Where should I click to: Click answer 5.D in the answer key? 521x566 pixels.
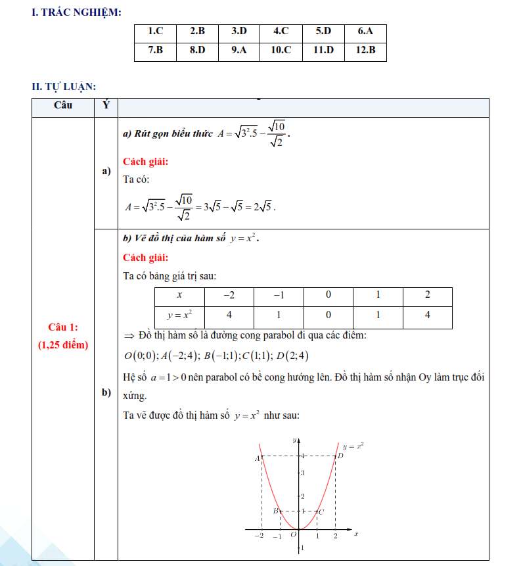[x=323, y=31]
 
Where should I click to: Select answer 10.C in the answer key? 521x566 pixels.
[x=281, y=50]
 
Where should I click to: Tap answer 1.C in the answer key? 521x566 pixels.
[x=155, y=31]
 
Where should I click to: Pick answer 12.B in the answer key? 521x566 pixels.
[x=365, y=50]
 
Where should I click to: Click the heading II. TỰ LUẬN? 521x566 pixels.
[x=64, y=86]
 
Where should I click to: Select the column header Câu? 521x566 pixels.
[x=63, y=105]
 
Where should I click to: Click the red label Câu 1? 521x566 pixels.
[x=62, y=327]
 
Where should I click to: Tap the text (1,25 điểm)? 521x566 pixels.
[x=62, y=344]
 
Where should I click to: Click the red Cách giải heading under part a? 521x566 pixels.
[x=145, y=162]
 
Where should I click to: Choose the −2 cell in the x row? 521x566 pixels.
[x=229, y=296]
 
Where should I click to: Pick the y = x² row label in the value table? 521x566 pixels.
[x=179, y=316]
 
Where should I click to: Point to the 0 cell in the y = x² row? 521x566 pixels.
[x=328, y=316]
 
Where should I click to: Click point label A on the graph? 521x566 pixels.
[x=258, y=458]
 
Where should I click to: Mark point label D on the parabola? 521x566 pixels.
[x=340, y=456]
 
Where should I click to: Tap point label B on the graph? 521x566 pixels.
[x=276, y=511]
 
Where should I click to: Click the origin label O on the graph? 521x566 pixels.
[x=294, y=536]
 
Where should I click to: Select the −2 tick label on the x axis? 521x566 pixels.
[x=259, y=536]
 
